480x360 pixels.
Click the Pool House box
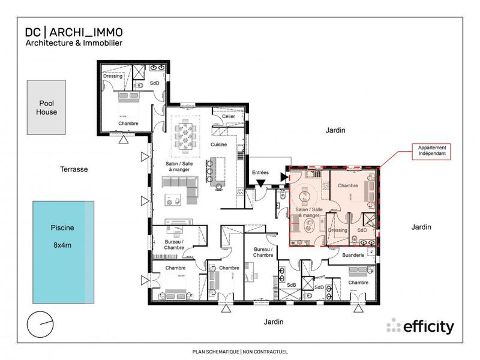click(x=46, y=108)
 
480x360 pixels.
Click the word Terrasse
click(x=74, y=169)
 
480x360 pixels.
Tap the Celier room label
click(x=228, y=116)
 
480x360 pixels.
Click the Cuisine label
click(x=218, y=145)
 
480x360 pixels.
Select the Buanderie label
click(x=353, y=255)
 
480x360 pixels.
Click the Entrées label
click(x=260, y=173)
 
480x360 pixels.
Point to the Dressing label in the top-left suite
click(x=113, y=76)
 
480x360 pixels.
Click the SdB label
click(x=292, y=284)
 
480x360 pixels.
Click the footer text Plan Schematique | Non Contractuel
click(x=239, y=351)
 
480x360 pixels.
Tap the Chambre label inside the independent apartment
click(x=347, y=186)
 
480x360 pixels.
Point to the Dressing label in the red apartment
click(x=338, y=230)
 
